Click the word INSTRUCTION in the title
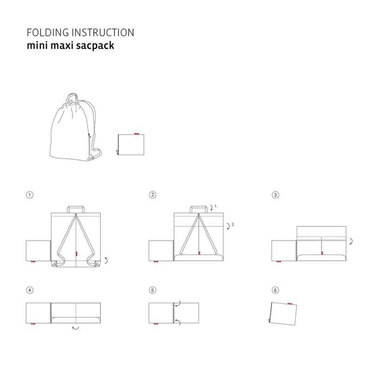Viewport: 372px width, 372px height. click(x=103, y=33)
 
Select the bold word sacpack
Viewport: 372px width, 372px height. click(x=95, y=46)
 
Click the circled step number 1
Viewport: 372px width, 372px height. click(x=30, y=195)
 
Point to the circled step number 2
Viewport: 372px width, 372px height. click(x=153, y=195)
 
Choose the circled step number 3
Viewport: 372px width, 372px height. click(x=275, y=195)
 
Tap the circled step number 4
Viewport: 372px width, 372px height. click(x=30, y=290)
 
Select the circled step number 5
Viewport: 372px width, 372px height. click(x=153, y=290)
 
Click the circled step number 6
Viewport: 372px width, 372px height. click(x=275, y=290)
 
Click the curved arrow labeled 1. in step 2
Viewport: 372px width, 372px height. click(x=212, y=208)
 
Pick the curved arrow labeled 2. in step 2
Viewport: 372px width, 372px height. click(x=229, y=226)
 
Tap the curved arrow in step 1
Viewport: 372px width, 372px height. click(x=106, y=260)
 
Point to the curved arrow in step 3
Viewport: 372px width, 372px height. click(x=352, y=241)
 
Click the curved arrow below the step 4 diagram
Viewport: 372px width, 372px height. click(x=75, y=328)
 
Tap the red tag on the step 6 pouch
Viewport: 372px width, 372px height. click(x=290, y=304)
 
